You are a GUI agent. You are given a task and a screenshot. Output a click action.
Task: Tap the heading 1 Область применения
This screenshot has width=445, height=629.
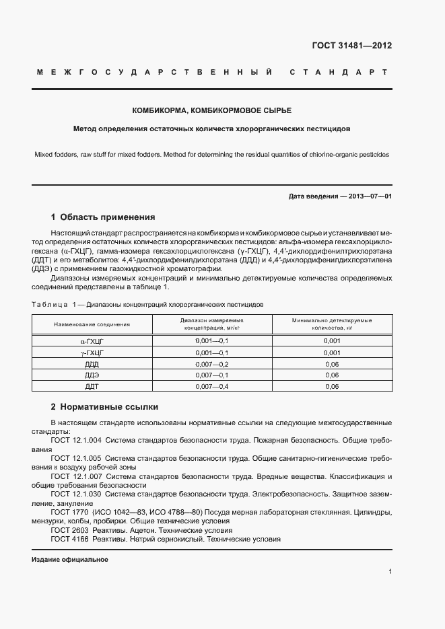(103, 217)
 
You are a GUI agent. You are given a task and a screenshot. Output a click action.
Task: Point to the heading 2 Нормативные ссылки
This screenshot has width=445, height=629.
(104, 407)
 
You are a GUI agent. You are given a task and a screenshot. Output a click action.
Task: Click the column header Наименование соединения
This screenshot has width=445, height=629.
(92, 324)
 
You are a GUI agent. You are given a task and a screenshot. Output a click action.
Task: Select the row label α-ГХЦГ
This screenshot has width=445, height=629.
(92, 341)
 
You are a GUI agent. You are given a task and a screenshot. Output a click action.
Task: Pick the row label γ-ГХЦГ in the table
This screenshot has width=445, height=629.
(92, 353)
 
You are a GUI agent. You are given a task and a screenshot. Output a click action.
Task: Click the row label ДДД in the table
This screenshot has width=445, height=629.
(92, 364)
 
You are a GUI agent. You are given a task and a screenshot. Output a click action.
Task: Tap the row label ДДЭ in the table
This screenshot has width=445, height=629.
(92, 375)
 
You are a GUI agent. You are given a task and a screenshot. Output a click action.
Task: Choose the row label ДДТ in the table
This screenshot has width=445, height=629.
(92, 386)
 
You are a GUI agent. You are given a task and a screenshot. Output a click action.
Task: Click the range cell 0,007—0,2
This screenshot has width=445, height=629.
(212, 364)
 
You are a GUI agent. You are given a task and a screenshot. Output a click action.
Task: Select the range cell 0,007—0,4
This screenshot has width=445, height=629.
(212, 386)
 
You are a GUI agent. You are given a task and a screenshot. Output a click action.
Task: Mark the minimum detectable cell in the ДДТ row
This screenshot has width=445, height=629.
(332, 386)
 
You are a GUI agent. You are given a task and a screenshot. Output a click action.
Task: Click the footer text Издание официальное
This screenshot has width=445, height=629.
(70, 560)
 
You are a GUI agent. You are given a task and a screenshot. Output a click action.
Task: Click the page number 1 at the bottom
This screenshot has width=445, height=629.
(390, 572)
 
